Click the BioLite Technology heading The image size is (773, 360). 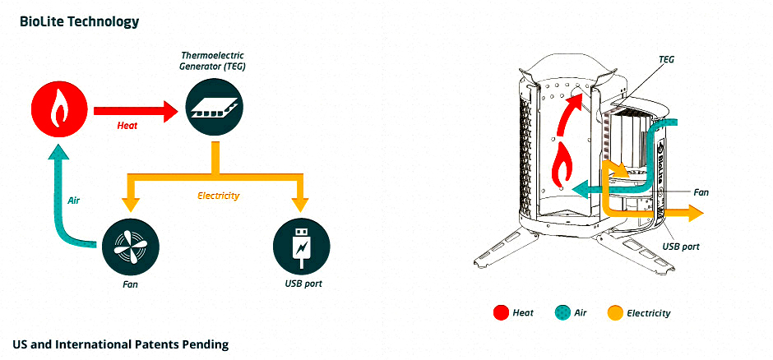[x=79, y=21]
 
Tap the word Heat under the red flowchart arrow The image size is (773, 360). [x=127, y=127]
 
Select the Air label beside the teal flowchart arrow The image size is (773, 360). [x=75, y=200]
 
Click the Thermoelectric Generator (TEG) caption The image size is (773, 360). [x=213, y=60]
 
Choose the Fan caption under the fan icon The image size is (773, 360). [x=128, y=284]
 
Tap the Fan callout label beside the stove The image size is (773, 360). [x=701, y=192]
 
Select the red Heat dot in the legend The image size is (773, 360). [x=500, y=312]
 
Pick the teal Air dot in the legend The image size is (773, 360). [x=562, y=312]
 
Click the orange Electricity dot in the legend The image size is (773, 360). [x=615, y=312]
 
